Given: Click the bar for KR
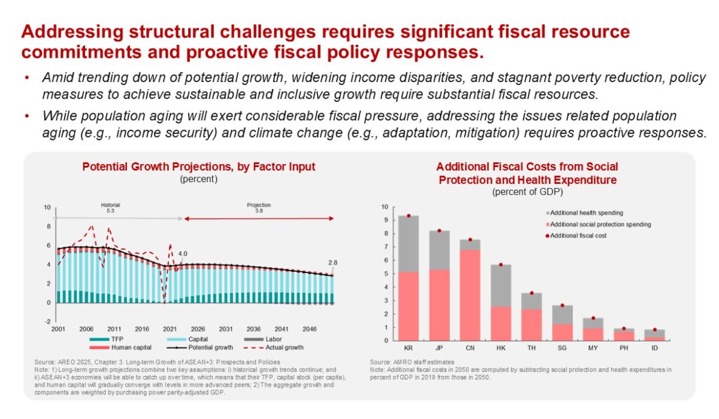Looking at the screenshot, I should tap(409, 278).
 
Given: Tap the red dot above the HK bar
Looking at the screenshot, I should tap(500, 265).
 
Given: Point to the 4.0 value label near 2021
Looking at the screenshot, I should tap(183, 253).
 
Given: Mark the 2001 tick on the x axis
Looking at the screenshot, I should tap(58, 329).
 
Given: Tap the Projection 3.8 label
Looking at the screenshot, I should tap(259, 208).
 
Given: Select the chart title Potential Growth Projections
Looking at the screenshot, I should tap(198, 167).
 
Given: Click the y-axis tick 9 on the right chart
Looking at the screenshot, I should tap(385, 220).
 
